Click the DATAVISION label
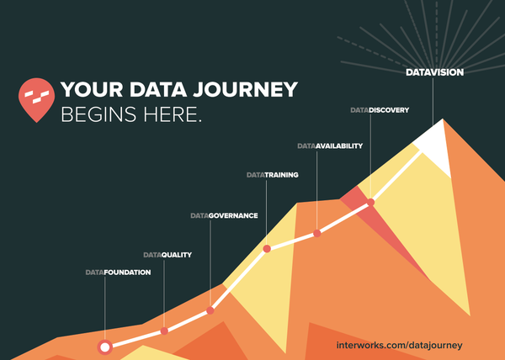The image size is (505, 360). (x=433, y=73)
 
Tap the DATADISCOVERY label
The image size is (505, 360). (x=380, y=110)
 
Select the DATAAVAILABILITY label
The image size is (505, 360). (x=330, y=146)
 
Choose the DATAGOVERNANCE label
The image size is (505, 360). (x=223, y=215)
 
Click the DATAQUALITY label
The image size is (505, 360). (x=167, y=254)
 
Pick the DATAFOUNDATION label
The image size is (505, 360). (x=118, y=273)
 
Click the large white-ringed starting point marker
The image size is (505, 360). (x=105, y=346)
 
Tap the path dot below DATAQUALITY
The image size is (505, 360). (x=164, y=331)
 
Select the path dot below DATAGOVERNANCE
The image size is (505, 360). (x=210, y=310)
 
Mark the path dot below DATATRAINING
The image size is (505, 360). (x=267, y=248)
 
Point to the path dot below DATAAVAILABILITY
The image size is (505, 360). (x=316, y=233)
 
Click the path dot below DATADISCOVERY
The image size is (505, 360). (x=370, y=202)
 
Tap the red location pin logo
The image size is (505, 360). (x=36, y=98)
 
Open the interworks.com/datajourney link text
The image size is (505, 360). (x=399, y=346)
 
